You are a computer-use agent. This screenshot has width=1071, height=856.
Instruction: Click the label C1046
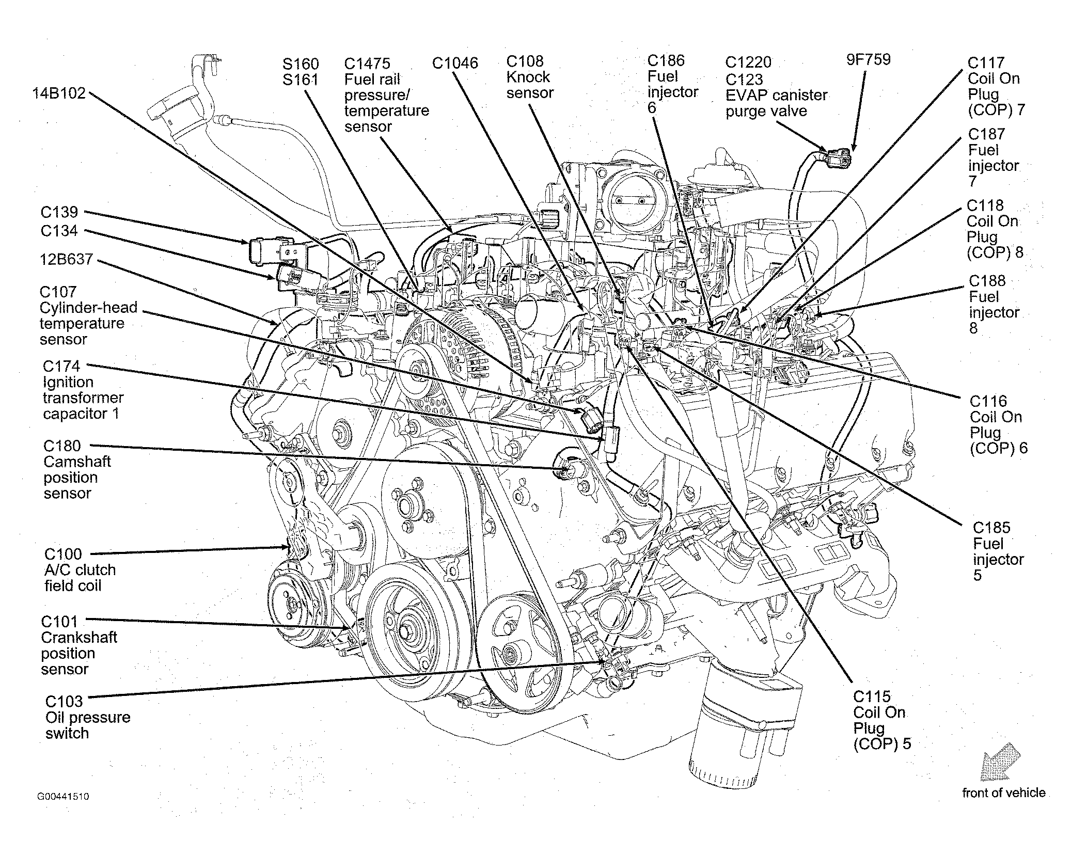[455, 64]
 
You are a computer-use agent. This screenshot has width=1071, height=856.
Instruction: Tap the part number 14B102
[59, 93]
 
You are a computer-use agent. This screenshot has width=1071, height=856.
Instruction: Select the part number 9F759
[868, 59]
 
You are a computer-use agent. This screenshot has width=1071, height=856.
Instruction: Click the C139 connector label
[59, 212]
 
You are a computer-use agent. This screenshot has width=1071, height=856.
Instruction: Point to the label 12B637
[66, 259]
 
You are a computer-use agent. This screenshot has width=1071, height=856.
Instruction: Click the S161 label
[301, 80]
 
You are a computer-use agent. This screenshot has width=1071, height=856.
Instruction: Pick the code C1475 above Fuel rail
[367, 64]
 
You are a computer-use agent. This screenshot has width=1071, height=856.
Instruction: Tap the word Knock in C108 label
[528, 77]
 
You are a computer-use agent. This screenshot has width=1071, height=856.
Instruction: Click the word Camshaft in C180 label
[77, 462]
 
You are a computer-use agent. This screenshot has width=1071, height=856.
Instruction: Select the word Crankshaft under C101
[79, 638]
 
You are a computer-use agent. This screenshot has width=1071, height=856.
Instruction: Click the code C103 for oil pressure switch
[64, 702]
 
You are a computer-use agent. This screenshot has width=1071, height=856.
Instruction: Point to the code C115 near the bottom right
[872, 696]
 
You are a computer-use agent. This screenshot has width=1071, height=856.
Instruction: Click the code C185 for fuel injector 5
[991, 528]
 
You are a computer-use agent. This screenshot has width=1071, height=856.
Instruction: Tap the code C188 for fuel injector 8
[987, 281]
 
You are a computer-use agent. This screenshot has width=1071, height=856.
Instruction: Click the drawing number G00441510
[63, 797]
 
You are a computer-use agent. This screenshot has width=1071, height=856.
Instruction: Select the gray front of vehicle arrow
[1001, 760]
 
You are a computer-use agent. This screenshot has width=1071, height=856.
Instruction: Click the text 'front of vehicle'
[1003, 793]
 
